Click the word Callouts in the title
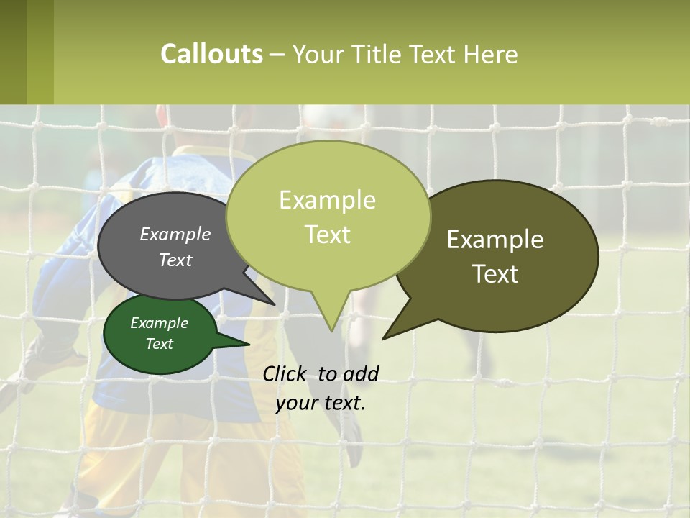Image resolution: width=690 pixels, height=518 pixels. [x=211, y=54]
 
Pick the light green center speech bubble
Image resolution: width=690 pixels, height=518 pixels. [x=328, y=216]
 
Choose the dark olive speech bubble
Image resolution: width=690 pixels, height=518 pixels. [x=503, y=255]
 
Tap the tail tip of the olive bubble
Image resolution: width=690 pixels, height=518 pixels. [x=385, y=337]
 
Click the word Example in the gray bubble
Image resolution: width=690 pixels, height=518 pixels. [x=175, y=235]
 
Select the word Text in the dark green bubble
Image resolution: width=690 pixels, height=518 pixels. [x=160, y=344]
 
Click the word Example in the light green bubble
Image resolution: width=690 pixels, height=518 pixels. [x=327, y=200]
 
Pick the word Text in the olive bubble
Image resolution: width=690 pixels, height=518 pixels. [x=495, y=274]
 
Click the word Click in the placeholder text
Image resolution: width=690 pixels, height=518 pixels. [x=286, y=373]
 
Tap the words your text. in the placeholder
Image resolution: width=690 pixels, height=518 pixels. [x=321, y=403]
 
